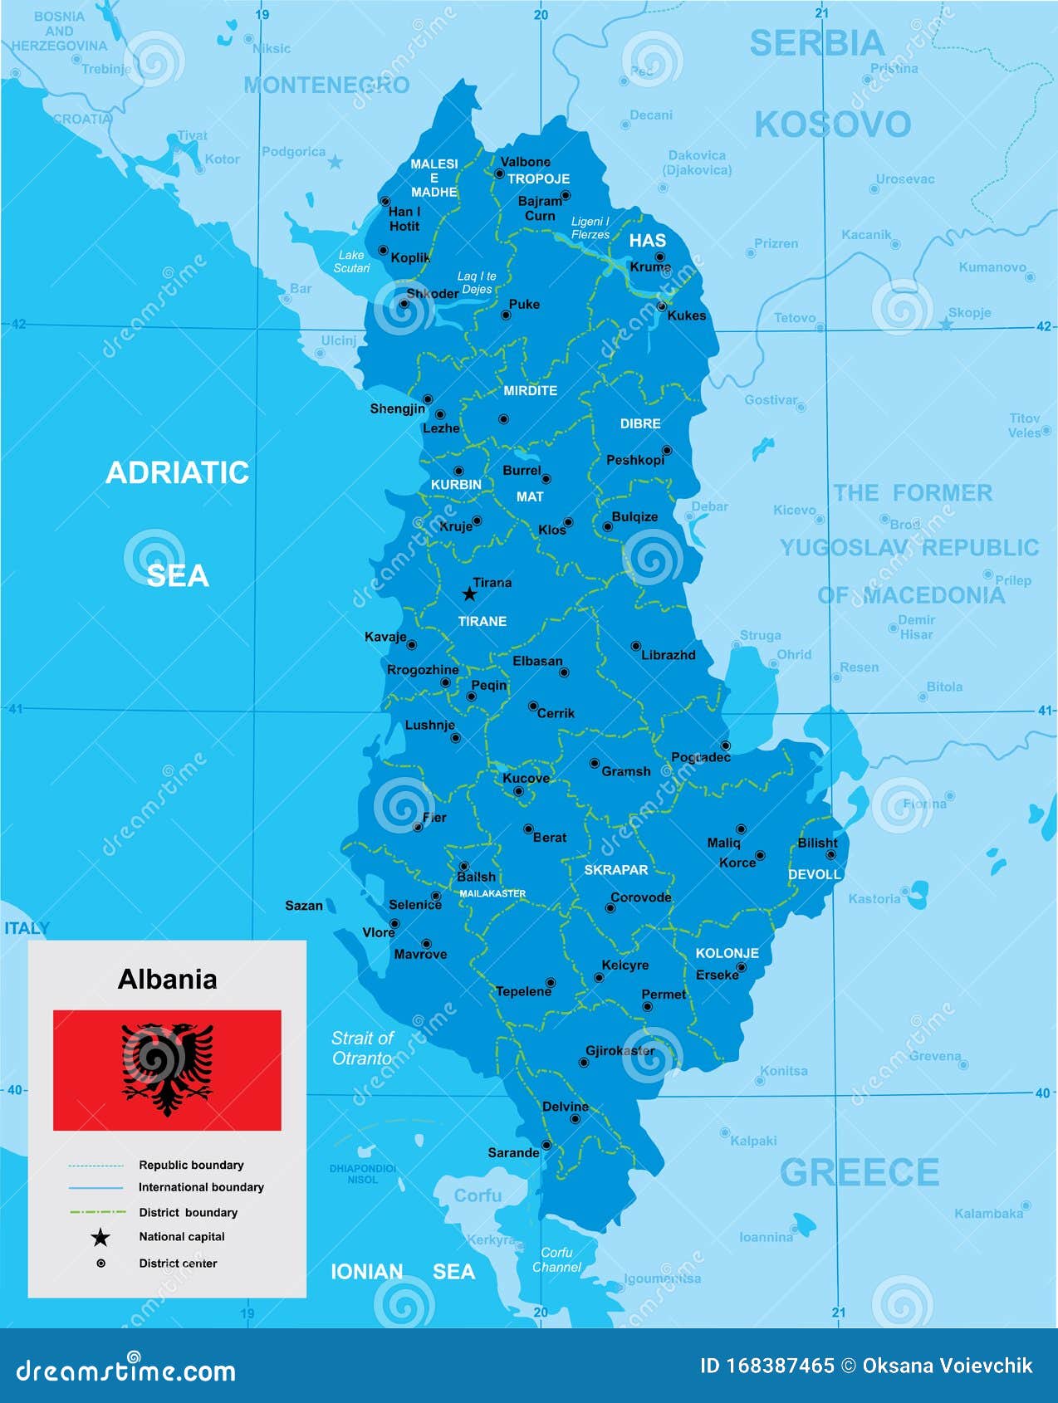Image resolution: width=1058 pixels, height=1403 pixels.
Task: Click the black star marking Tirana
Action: tap(469, 594)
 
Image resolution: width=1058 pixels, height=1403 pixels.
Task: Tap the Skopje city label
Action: tap(969, 313)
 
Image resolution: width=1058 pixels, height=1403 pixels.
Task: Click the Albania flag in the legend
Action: tap(167, 1070)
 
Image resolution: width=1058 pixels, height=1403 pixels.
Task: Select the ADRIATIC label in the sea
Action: tap(177, 472)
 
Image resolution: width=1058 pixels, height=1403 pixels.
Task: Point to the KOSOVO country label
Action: tap(832, 125)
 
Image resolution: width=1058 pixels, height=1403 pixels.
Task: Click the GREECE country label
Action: tap(859, 1173)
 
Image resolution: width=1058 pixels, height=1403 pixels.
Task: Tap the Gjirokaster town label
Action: tap(620, 1051)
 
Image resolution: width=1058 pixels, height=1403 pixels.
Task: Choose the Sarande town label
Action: tap(513, 1152)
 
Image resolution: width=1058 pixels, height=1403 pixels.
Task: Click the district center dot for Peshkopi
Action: tap(666, 451)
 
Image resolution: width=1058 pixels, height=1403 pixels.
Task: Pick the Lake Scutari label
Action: tap(351, 262)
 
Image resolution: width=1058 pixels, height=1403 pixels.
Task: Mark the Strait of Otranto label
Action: tap(362, 1048)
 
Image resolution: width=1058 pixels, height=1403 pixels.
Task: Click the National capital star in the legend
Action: tap(100, 1238)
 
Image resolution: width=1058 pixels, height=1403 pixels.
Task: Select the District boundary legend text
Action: tap(188, 1212)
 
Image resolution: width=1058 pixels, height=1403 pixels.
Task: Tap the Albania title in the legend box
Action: tap(167, 979)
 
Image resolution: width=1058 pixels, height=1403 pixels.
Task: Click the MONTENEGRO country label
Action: tap(326, 85)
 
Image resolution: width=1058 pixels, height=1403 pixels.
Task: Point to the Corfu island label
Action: tap(478, 1195)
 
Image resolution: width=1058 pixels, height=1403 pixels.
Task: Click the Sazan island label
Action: tap(303, 906)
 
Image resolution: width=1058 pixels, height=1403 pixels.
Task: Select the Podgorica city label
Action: tap(293, 152)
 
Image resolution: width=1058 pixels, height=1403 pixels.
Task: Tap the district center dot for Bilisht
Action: tap(830, 854)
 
